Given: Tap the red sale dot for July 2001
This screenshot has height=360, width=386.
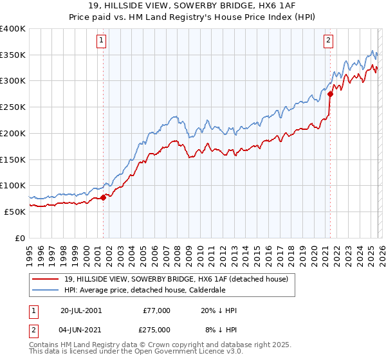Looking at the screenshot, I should click(x=103, y=197).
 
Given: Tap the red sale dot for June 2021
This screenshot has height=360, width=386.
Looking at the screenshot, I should click(x=330, y=94).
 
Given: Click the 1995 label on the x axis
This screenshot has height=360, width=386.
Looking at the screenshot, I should click(x=30, y=255).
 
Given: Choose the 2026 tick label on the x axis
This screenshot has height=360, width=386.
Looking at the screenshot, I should click(x=381, y=255).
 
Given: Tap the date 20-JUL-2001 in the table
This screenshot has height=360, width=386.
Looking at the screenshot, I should click(x=80, y=310).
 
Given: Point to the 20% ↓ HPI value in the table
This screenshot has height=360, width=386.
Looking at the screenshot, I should click(x=219, y=310).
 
